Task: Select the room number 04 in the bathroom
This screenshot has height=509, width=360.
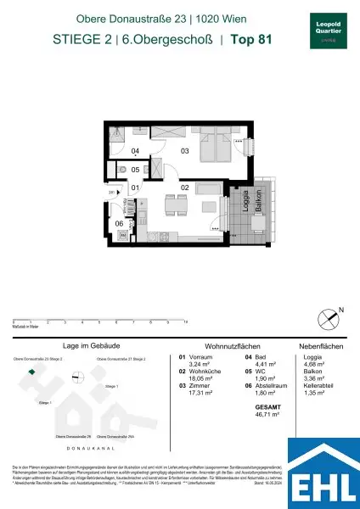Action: (136, 153)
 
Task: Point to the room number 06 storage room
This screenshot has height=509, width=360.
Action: (120, 224)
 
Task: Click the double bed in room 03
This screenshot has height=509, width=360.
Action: (216, 149)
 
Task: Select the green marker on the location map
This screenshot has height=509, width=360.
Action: (31, 372)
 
